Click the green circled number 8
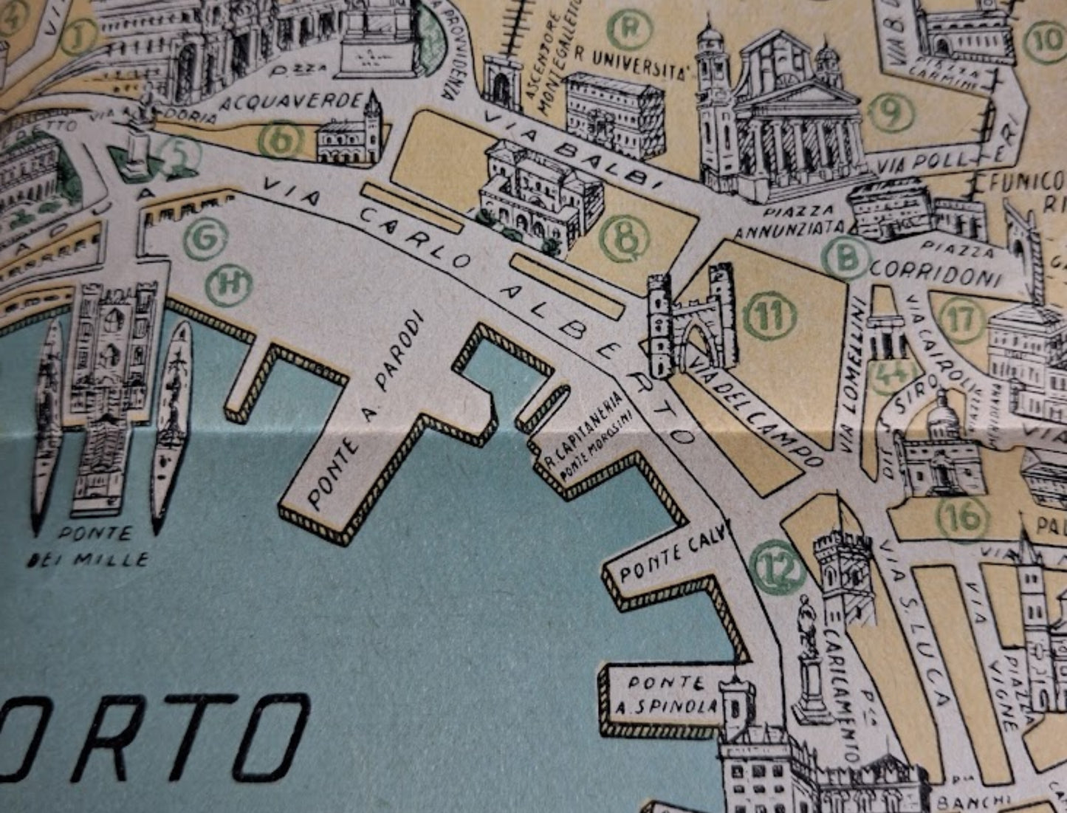625,239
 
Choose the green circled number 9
891,112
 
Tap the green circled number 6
281,139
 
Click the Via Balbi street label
577,148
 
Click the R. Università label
631,62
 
